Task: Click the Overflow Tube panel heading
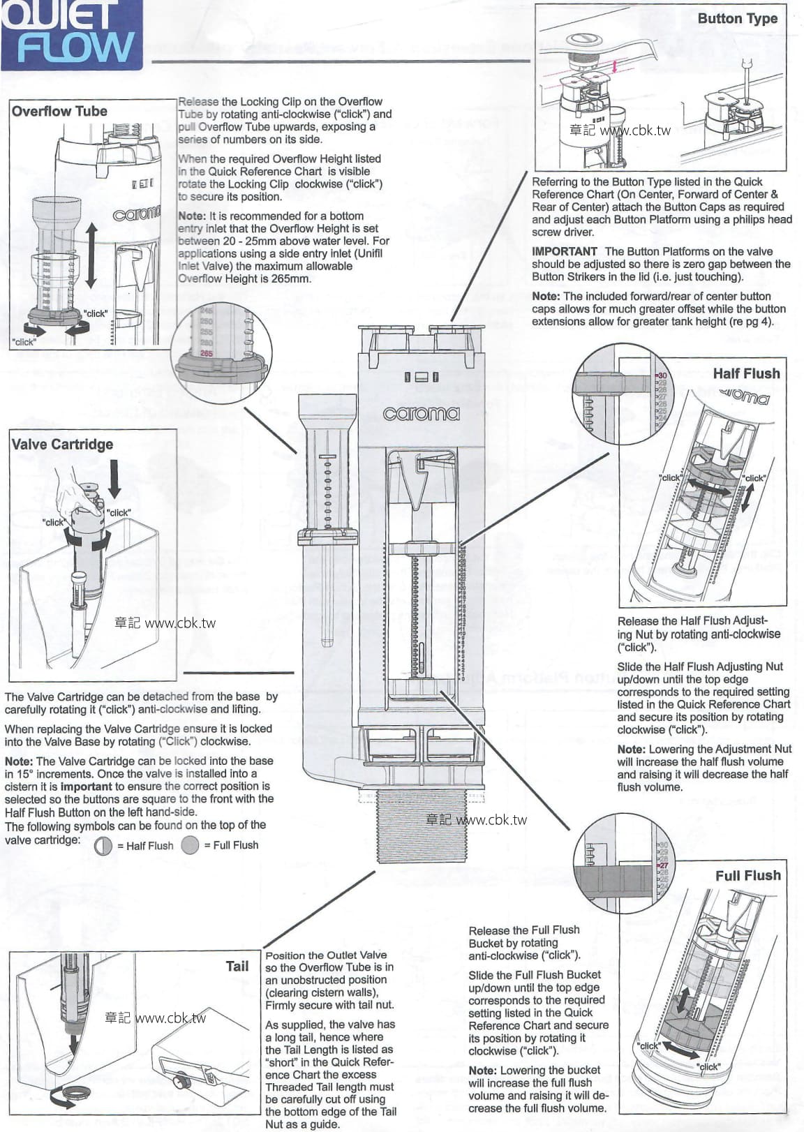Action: tap(59, 111)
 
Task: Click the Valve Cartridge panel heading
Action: tap(62, 444)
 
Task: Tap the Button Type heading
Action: tap(737, 19)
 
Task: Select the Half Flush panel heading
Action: tap(746, 373)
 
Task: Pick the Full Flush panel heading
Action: tap(747, 875)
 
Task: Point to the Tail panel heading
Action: tap(237, 966)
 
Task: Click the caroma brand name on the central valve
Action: tap(422, 413)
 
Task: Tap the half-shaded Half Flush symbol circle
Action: tap(103, 845)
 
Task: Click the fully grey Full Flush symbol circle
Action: tap(190, 845)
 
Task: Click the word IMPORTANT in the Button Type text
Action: tap(564, 251)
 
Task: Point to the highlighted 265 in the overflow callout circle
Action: tap(206, 353)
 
